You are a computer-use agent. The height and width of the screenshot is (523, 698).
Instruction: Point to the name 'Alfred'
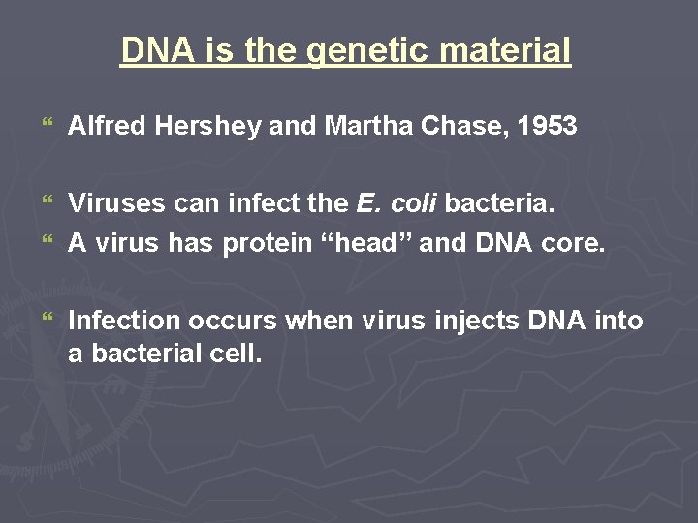101,126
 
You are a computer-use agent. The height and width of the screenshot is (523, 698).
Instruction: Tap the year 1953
548,126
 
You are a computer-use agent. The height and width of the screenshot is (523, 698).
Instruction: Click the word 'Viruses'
117,203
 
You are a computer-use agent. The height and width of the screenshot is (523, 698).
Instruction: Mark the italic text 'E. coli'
397,203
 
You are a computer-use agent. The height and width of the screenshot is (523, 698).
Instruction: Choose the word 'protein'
267,244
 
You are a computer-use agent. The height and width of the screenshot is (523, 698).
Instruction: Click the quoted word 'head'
365,244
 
